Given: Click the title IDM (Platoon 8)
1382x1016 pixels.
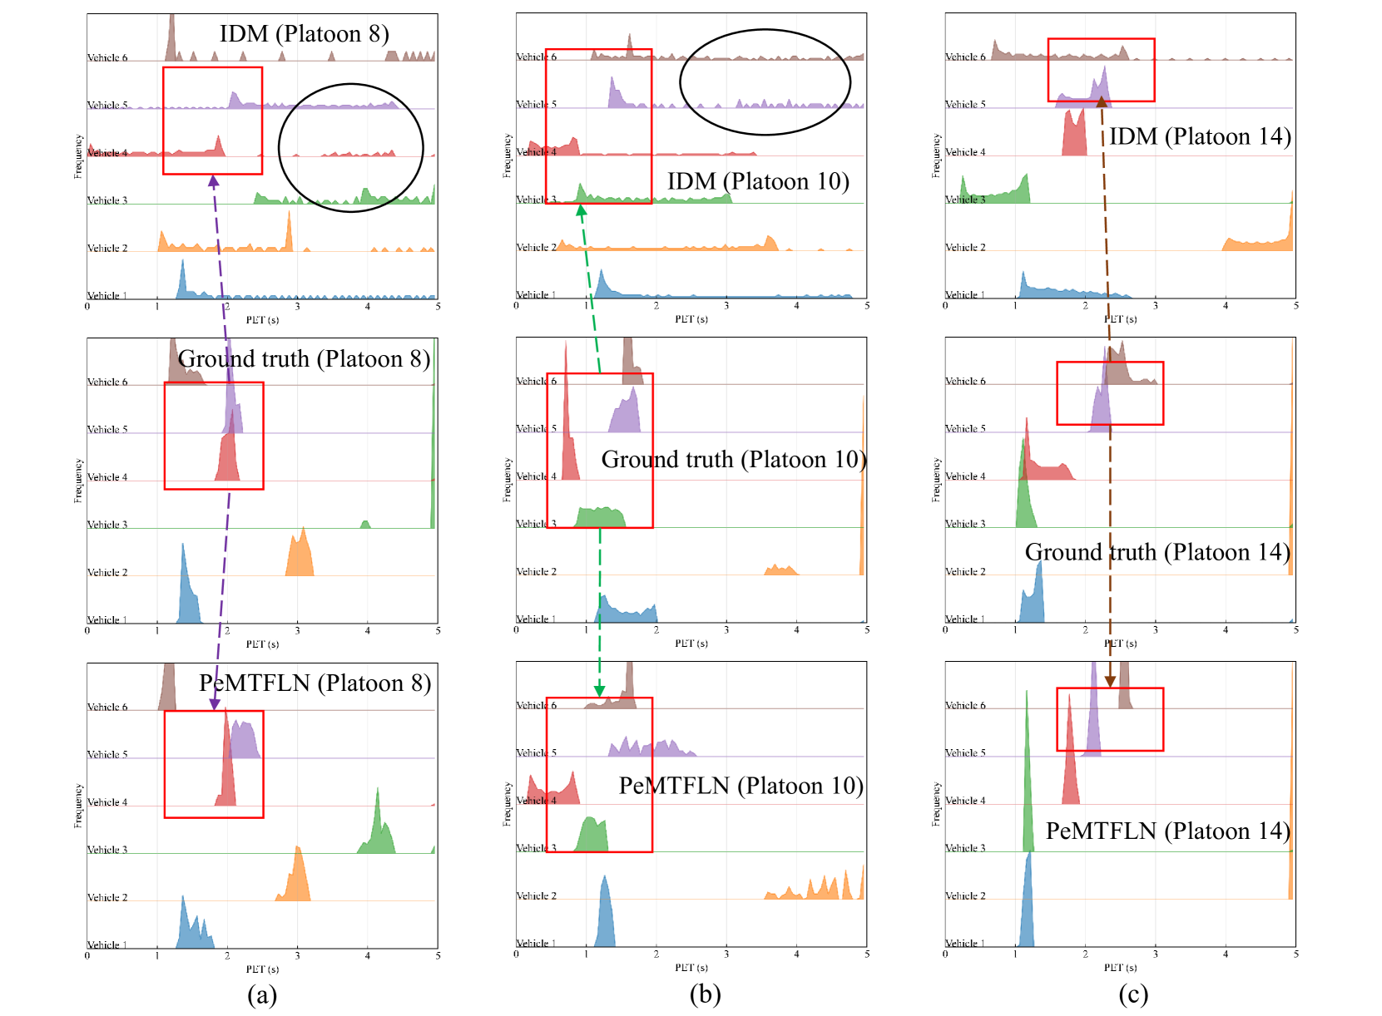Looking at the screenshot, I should [304, 34].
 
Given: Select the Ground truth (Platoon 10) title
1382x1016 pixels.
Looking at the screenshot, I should [733, 460].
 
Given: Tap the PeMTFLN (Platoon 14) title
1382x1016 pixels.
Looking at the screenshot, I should [1167, 831].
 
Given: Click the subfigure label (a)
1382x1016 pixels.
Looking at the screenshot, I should [262, 994].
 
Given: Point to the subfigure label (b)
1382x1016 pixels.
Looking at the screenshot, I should [705, 994].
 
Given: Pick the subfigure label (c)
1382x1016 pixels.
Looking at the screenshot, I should [1133, 994].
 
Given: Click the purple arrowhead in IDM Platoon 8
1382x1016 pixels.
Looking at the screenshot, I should [214, 180].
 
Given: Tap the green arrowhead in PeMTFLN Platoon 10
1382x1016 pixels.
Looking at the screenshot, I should [599, 691].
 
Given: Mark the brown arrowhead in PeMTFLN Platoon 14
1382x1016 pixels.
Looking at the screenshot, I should [1110, 681].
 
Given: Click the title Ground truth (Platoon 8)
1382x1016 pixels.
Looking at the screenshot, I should [304, 359].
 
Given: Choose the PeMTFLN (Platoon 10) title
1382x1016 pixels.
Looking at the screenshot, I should [741, 786].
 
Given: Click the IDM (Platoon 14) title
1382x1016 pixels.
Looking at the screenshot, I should [1200, 136].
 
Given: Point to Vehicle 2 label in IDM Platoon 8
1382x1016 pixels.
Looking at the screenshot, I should [107, 248].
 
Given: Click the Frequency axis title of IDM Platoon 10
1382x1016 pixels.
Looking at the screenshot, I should [508, 156].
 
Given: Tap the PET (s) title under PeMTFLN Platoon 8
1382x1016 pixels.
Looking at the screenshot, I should [262, 969].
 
